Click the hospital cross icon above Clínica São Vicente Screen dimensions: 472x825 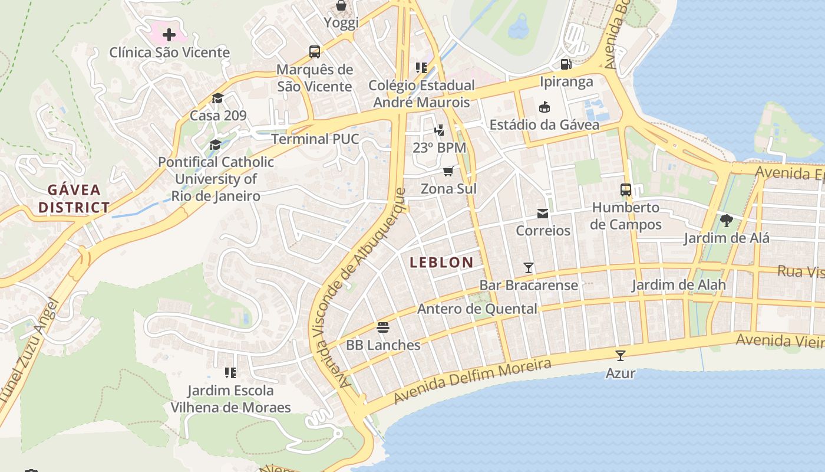coord(169,35)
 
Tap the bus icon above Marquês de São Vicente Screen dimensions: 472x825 coord(315,52)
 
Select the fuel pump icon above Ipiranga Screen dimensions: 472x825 coord(566,64)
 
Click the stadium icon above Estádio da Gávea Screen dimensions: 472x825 coord(544,107)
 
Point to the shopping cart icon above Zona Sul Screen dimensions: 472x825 coord(448,172)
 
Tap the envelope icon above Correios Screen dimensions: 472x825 coord(542,213)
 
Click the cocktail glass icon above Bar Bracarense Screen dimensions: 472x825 coord(529,268)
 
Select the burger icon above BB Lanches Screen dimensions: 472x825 coord(383,327)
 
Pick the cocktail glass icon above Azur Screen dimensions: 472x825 coord(620,356)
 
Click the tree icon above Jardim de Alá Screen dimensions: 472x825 coord(726,221)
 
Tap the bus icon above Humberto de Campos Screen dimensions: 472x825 coord(626,190)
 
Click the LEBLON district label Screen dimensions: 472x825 coord(441,263)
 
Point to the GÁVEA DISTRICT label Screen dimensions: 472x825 coord(74,199)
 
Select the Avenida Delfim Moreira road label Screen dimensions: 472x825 coord(472,381)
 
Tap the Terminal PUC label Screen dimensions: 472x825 coord(315,139)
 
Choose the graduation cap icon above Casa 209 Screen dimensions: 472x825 coord(217,98)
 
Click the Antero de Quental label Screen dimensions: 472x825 coord(477,309)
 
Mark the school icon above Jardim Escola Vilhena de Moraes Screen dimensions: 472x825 coord(230,373)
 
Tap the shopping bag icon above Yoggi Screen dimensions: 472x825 coord(341,6)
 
